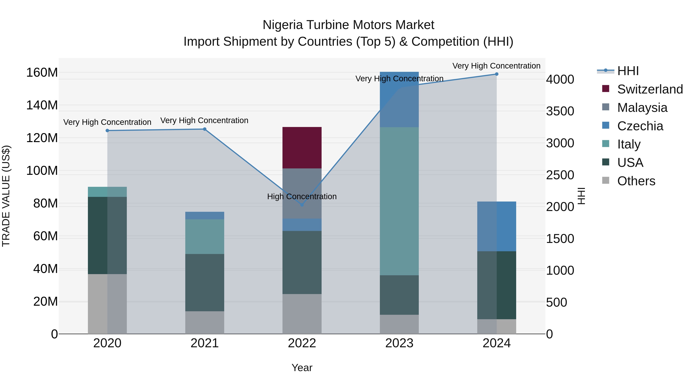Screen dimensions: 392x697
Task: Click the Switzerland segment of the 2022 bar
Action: point(302,148)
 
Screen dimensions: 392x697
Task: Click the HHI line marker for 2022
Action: point(302,205)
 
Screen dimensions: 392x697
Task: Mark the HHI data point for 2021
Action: point(205,129)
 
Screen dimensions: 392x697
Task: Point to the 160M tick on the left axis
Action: point(42,73)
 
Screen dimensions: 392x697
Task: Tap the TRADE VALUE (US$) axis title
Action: point(6,196)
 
